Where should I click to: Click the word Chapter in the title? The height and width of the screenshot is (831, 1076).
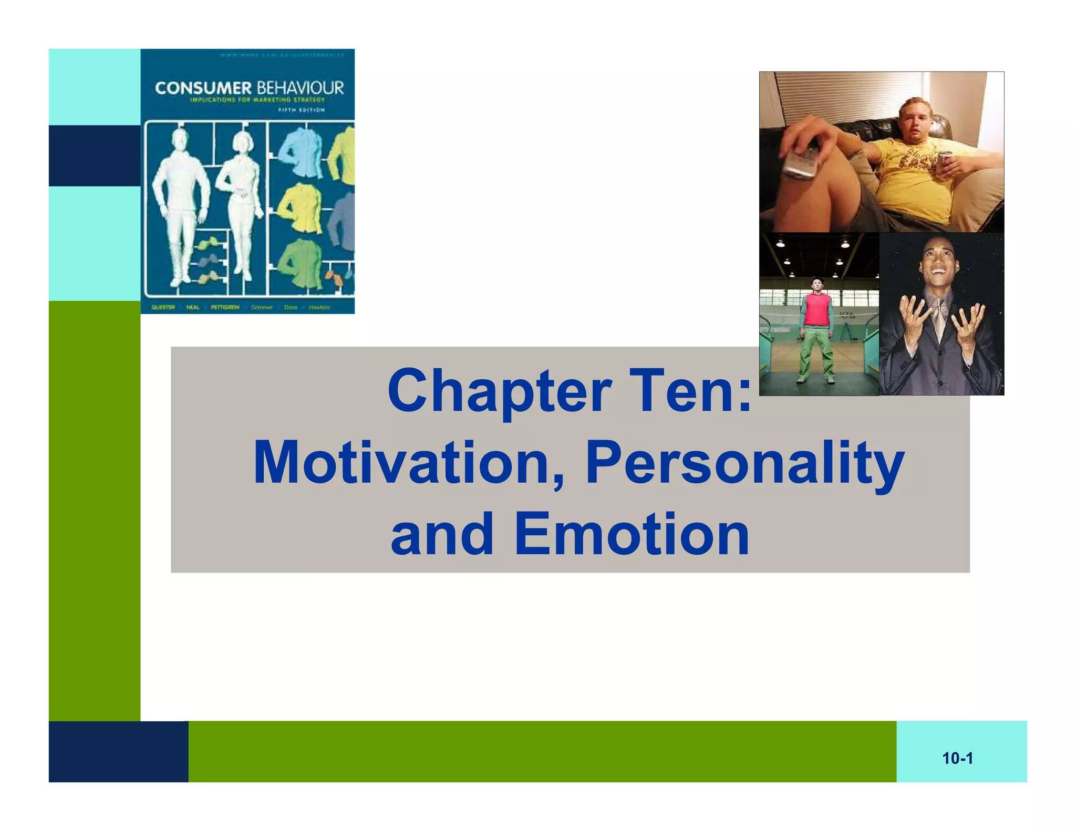[499, 391]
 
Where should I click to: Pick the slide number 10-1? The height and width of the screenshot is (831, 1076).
[957, 759]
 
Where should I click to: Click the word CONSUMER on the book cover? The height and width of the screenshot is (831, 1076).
[203, 88]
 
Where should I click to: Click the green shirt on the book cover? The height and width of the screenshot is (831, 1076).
[299, 263]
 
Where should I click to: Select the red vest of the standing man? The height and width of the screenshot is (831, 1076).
[817, 310]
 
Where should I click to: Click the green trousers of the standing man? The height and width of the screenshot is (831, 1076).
[816, 352]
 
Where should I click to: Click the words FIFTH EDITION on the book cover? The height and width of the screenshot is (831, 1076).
[302, 110]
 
